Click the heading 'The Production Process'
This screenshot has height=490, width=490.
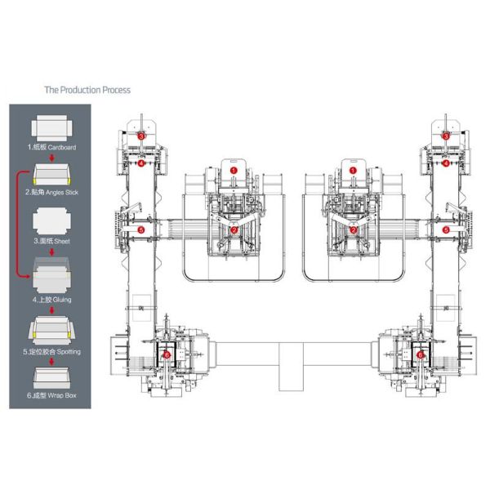(x=87, y=90)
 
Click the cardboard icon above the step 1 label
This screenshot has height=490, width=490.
(x=51, y=128)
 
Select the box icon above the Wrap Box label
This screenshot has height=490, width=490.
(x=51, y=377)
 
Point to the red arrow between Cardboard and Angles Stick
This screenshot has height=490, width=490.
(x=51, y=158)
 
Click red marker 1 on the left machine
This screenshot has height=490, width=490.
(x=234, y=170)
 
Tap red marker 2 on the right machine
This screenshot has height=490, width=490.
(x=353, y=230)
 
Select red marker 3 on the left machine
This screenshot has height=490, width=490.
(x=140, y=133)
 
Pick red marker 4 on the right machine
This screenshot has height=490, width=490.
(x=446, y=163)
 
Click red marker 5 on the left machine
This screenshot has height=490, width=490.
(x=140, y=231)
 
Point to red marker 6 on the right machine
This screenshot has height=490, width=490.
(x=421, y=354)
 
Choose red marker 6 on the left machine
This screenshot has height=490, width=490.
(x=167, y=354)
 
